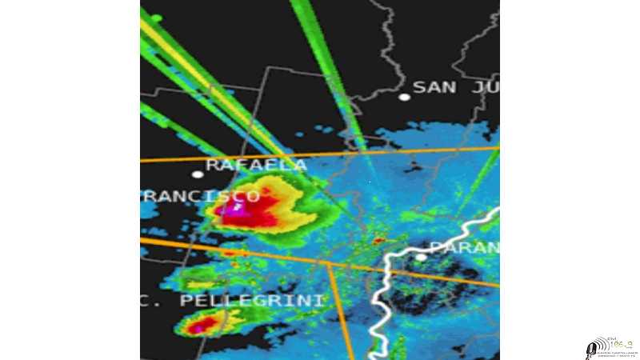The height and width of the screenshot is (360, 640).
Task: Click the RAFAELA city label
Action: (x=256, y=165)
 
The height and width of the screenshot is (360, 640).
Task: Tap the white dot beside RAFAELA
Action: (x=198, y=174)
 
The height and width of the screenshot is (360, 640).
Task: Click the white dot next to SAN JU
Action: (x=405, y=97)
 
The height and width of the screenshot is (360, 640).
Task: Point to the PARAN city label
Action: (x=465, y=247)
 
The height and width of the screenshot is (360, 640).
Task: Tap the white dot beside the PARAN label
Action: (x=421, y=257)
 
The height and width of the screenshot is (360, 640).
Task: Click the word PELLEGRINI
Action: (x=253, y=301)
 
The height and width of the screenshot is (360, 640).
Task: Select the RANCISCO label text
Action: (x=200, y=196)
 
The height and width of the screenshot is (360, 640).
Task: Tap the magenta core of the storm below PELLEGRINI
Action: (x=204, y=325)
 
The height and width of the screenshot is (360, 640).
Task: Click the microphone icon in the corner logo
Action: (x=593, y=348)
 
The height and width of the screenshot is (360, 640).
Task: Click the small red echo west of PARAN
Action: (x=378, y=240)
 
